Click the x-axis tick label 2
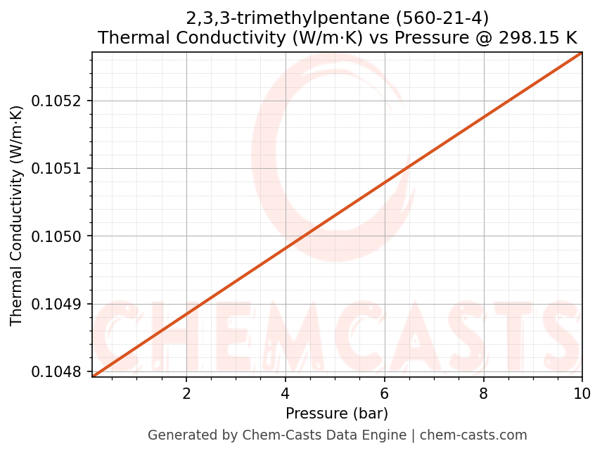click(186, 393)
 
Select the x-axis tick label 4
click(286, 393)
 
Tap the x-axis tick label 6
click(385, 393)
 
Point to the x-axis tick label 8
click(484, 393)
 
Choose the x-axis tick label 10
click(582, 393)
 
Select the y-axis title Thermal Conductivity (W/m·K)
click(17, 215)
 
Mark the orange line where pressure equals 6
click(385, 182)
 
